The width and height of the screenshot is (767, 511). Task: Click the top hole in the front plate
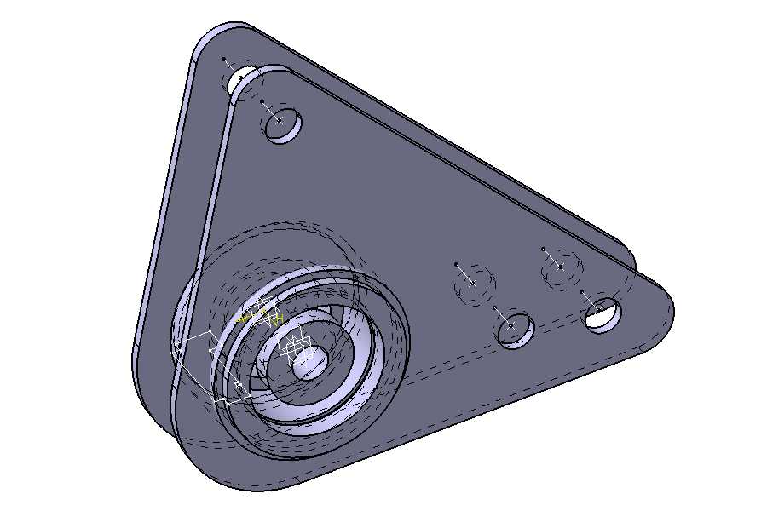pos(283,126)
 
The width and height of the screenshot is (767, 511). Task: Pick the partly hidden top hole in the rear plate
pos(241,81)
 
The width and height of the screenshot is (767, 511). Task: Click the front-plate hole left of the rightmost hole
pos(515,329)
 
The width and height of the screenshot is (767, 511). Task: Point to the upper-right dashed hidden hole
pos(561,269)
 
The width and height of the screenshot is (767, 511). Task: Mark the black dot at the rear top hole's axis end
pos(223,60)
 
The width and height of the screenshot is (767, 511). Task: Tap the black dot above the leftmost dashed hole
pos(457,264)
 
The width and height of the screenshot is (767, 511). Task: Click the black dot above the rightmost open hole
pos(582,292)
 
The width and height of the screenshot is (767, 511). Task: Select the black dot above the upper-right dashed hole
pos(543,250)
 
